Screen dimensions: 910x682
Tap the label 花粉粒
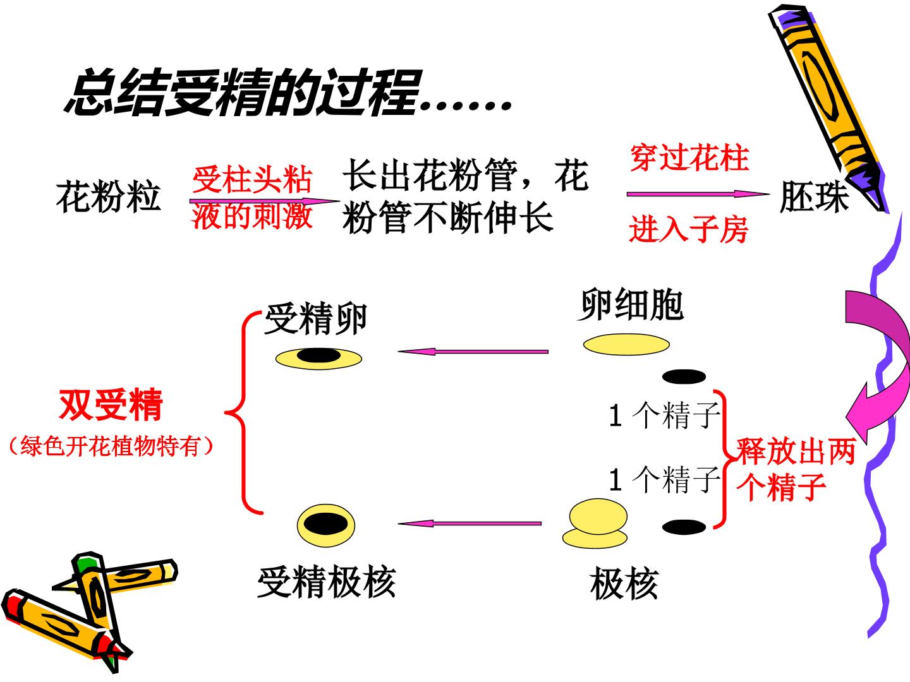(x=108, y=196)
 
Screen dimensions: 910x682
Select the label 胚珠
(x=814, y=196)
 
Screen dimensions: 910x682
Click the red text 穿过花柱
(x=689, y=158)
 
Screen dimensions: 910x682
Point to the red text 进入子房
(x=689, y=229)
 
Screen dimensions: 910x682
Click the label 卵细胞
(x=631, y=305)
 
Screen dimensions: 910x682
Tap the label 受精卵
(x=316, y=318)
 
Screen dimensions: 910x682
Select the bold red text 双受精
(x=111, y=405)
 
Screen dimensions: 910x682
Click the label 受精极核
(x=326, y=582)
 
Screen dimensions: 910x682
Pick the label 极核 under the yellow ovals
(x=624, y=583)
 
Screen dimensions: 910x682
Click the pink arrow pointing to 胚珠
(x=698, y=194)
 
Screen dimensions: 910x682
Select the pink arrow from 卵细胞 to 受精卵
(x=473, y=352)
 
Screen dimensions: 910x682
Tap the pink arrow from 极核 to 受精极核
(x=470, y=523)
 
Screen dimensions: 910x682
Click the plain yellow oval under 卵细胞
(x=626, y=345)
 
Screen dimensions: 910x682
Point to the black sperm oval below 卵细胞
(x=684, y=376)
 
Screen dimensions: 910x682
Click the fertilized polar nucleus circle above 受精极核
(x=326, y=525)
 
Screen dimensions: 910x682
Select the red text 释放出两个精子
(x=796, y=469)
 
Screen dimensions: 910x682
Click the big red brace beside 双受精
(x=243, y=412)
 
